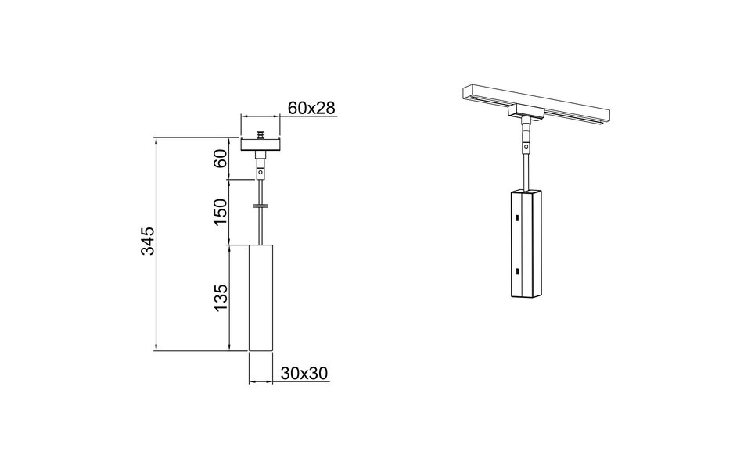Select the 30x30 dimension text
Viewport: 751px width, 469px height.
click(x=303, y=374)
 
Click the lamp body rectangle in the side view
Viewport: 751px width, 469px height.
click(x=260, y=297)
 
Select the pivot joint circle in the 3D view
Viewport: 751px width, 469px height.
click(x=526, y=145)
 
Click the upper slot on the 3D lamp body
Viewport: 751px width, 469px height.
click(x=517, y=219)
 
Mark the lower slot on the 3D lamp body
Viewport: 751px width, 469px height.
click(x=517, y=271)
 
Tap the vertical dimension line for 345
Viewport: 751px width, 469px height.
click(x=157, y=244)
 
